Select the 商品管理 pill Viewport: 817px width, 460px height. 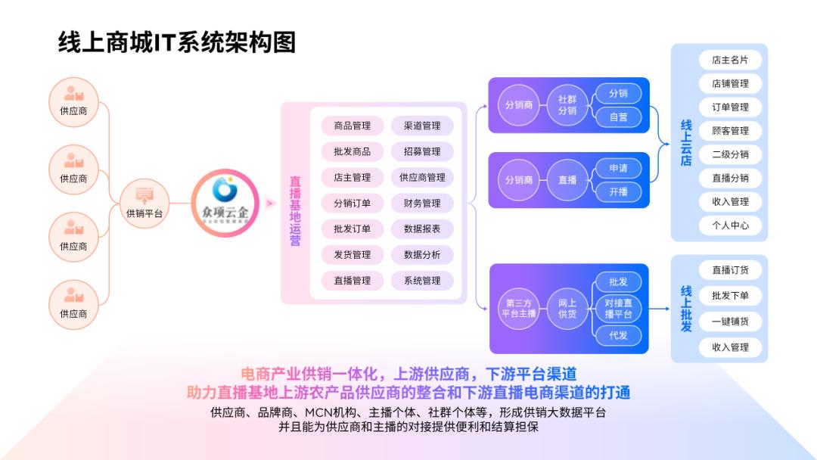point(352,126)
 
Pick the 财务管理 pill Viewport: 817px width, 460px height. point(422,203)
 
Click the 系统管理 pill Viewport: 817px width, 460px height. point(422,280)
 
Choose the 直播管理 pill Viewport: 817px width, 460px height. point(352,280)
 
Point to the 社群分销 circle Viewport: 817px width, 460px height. point(567,105)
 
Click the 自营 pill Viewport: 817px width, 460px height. point(618,117)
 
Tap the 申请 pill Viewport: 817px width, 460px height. point(618,168)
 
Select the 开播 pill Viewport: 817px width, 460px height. point(618,191)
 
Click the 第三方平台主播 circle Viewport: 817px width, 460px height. point(519,308)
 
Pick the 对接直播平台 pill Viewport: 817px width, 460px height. point(618,308)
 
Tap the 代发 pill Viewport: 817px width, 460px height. point(618,334)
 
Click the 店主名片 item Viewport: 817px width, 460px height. point(729,60)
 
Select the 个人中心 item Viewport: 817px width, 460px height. point(729,225)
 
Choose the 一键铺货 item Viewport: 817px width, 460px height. point(729,321)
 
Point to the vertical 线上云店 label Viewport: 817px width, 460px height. point(686,142)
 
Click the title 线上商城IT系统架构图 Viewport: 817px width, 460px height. point(177,42)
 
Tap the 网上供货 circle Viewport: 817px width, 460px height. point(567,308)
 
